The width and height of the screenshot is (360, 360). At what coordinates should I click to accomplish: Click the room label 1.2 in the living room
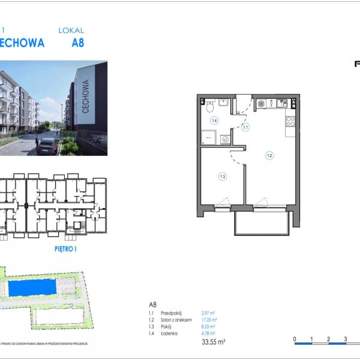269,155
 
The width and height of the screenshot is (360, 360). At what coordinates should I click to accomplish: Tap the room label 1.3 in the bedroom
222,176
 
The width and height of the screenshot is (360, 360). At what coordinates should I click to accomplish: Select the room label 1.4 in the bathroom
214,121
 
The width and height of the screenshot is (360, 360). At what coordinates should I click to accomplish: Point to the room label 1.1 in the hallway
245,127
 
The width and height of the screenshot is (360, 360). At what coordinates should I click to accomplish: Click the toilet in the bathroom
209,107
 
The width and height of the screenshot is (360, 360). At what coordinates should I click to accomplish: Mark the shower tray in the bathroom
209,137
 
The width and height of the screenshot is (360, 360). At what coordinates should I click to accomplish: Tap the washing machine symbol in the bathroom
226,139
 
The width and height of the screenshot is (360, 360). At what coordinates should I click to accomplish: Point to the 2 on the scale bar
328,340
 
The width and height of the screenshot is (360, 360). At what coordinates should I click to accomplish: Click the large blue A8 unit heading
78,43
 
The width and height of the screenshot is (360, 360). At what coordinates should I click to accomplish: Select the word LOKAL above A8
71,30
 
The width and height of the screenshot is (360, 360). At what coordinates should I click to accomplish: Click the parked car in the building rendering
47,145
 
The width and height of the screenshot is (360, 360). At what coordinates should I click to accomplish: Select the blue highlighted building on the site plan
35,289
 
